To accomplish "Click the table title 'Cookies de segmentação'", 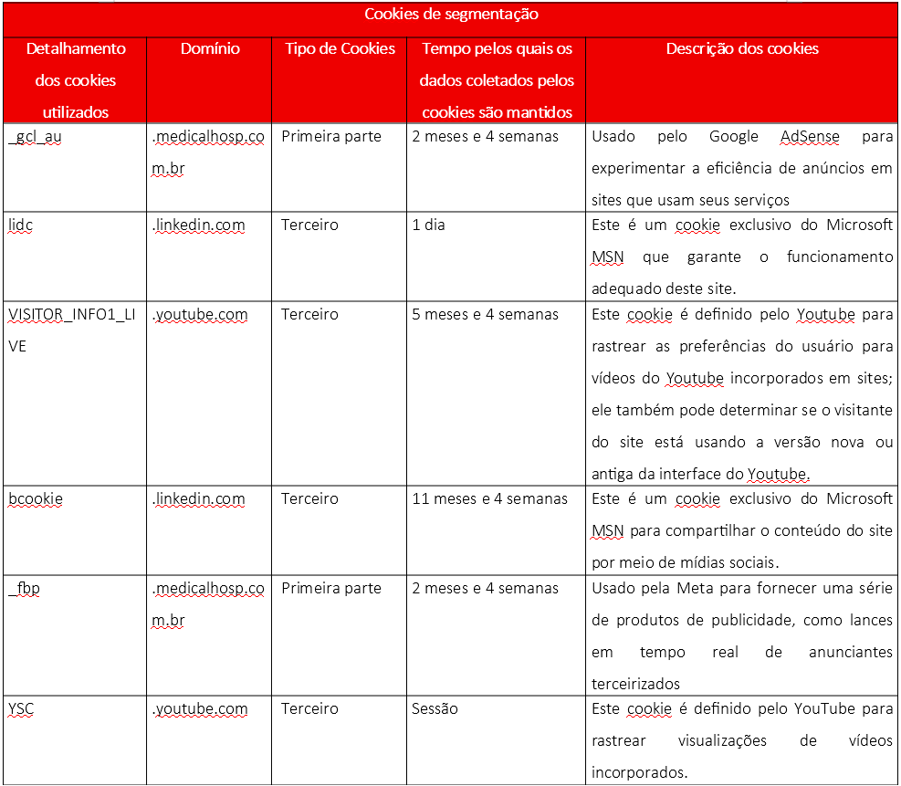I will (x=451, y=15).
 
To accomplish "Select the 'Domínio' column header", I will (x=210, y=48).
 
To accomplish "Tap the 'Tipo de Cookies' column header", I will (x=340, y=48).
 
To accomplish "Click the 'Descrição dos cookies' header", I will (x=742, y=48).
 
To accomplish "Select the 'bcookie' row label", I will (x=36, y=499).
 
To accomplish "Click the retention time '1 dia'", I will (x=428, y=225).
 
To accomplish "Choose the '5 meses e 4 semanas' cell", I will (x=485, y=315).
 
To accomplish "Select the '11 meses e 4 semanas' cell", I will (x=489, y=499).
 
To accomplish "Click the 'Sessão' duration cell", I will (x=435, y=708).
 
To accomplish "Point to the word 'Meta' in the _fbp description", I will (x=697, y=589).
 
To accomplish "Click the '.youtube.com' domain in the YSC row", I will (x=200, y=708).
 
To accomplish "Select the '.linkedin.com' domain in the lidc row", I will (x=198, y=225).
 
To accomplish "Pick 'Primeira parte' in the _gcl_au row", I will (x=330, y=137).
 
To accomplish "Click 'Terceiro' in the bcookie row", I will (x=309, y=499).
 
